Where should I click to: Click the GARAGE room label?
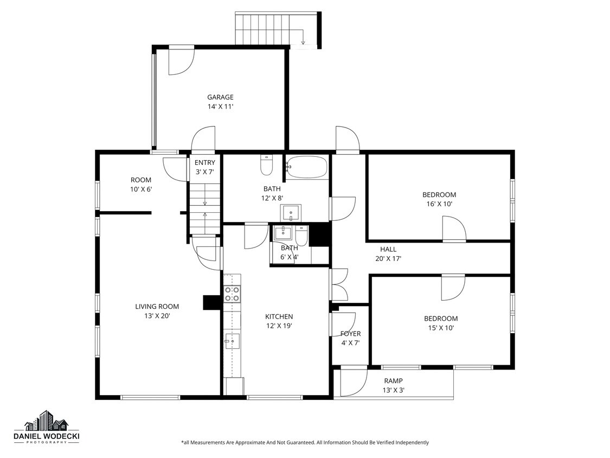pos(220,97)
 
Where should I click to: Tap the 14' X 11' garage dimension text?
pos(220,107)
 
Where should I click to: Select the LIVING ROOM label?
pos(157,307)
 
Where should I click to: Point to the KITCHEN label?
pos(279,316)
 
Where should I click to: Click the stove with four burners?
pos(233,294)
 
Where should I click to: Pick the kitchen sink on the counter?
pos(232,341)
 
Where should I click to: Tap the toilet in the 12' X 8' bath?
pos(266,166)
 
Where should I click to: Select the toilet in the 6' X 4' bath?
pos(301,235)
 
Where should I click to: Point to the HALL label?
pos(388,249)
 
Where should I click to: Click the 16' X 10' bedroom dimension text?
pos(439,204)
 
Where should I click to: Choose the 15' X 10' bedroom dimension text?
pos(440,328)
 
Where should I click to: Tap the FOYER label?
pos(350,334)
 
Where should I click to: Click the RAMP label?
pos(393,381)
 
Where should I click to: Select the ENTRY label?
pos(205,162)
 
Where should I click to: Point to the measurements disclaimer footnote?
pos(305,442)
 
